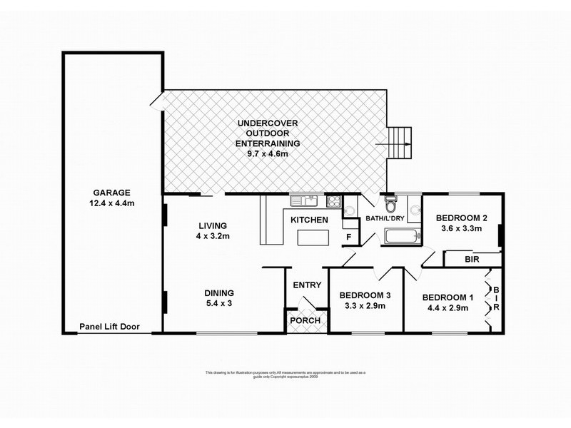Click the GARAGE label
click(x=111, y=192)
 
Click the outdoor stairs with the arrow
click(x=400, y=143)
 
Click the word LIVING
click(x=212, y=225)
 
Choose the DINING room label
click(x=218, y=292)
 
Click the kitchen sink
click(x=299, y=200)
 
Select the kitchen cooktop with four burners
click(x=332, y=200)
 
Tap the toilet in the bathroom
click(x=389, y=203)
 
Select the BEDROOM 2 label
click(x=461, y=218)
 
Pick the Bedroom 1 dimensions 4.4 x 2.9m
click(x=446, y=308)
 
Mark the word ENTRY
click(x=308, y=285)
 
